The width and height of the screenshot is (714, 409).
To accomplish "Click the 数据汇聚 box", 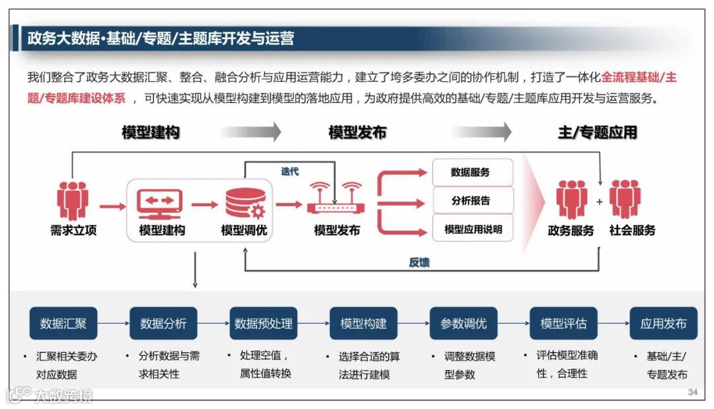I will [63, 324].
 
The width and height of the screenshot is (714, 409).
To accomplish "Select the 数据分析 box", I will [163, 324].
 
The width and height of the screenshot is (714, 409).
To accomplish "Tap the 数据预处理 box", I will [263, 324].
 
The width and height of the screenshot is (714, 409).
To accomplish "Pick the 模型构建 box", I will [364, 324].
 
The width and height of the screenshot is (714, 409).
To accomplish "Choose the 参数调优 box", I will [463, 324].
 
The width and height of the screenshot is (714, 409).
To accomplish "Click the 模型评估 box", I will [563, 324].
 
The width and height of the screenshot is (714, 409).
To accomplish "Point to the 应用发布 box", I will [663, 324].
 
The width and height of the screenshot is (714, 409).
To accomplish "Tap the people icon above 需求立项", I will [72, 200].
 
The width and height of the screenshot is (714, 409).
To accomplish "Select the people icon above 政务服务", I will [571, 200].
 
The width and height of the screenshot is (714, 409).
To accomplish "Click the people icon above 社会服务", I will [625, 199].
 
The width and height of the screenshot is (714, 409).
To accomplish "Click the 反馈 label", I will [419, 262].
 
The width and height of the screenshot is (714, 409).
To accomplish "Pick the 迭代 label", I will [290, 172].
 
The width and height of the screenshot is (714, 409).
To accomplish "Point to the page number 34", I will [692, 392].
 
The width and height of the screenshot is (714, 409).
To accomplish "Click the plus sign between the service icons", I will [600, 202].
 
